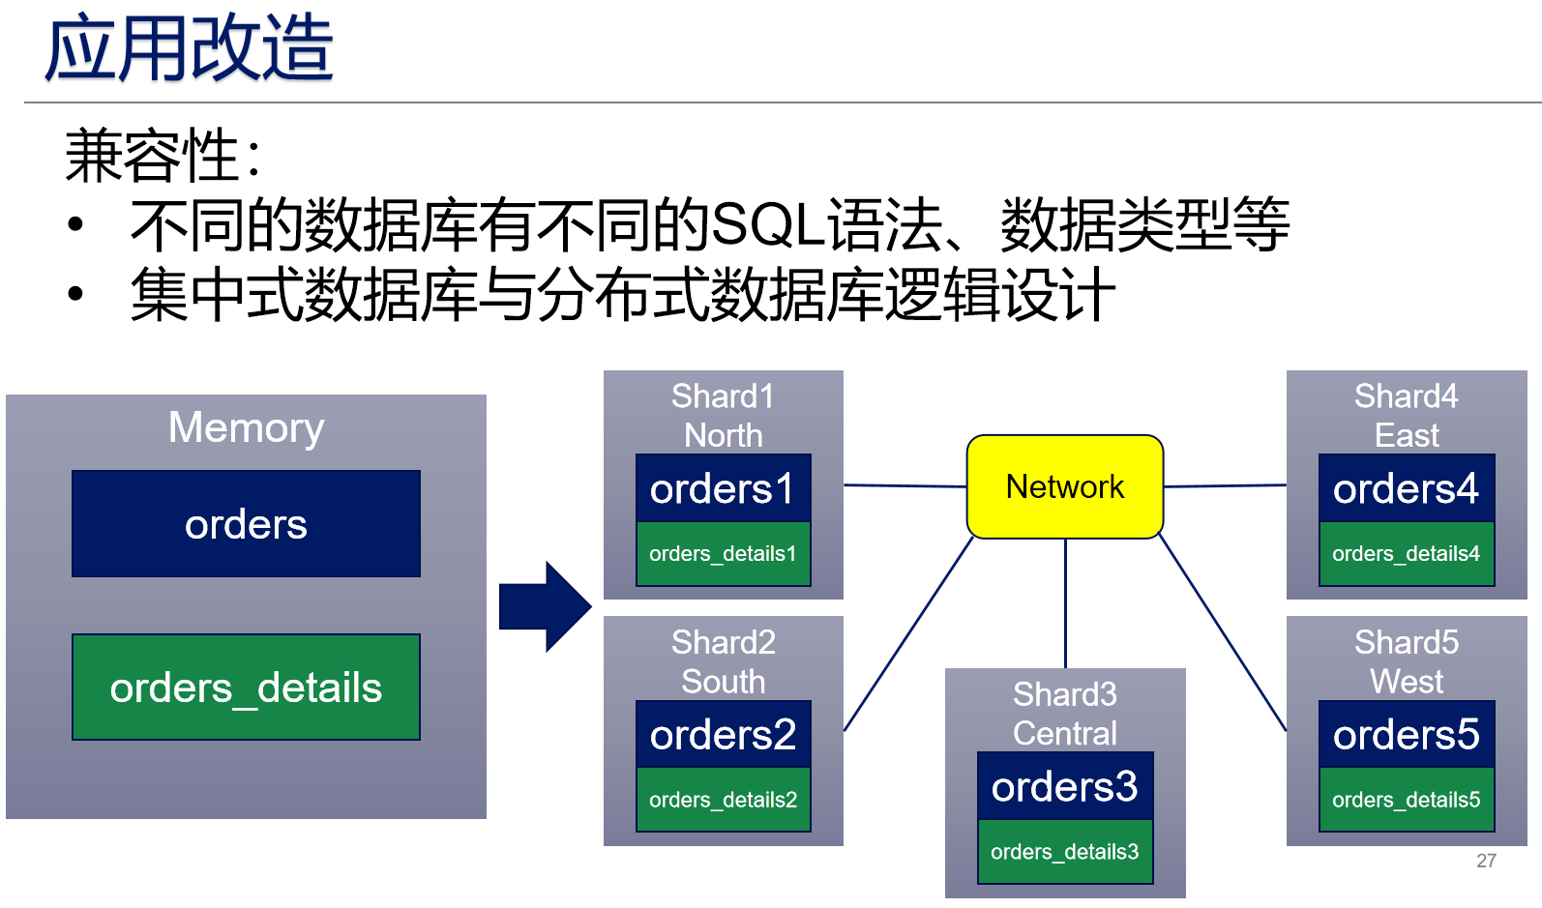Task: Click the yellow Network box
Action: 1065,486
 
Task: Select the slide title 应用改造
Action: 189,48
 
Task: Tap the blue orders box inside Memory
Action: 246,524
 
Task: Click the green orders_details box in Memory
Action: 246,688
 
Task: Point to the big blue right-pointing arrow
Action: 545,606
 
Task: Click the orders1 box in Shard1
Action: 723,488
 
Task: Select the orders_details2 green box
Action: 723,800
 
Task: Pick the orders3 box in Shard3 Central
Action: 1065,786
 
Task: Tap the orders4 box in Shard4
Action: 1406,488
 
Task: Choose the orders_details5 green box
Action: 1406,800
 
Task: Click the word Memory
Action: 246,427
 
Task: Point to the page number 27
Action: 1486,861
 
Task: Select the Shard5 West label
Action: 1406,661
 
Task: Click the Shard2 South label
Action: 723,661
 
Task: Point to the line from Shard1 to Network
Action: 904,485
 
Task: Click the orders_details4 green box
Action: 1406,554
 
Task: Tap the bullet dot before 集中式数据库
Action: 75,294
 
